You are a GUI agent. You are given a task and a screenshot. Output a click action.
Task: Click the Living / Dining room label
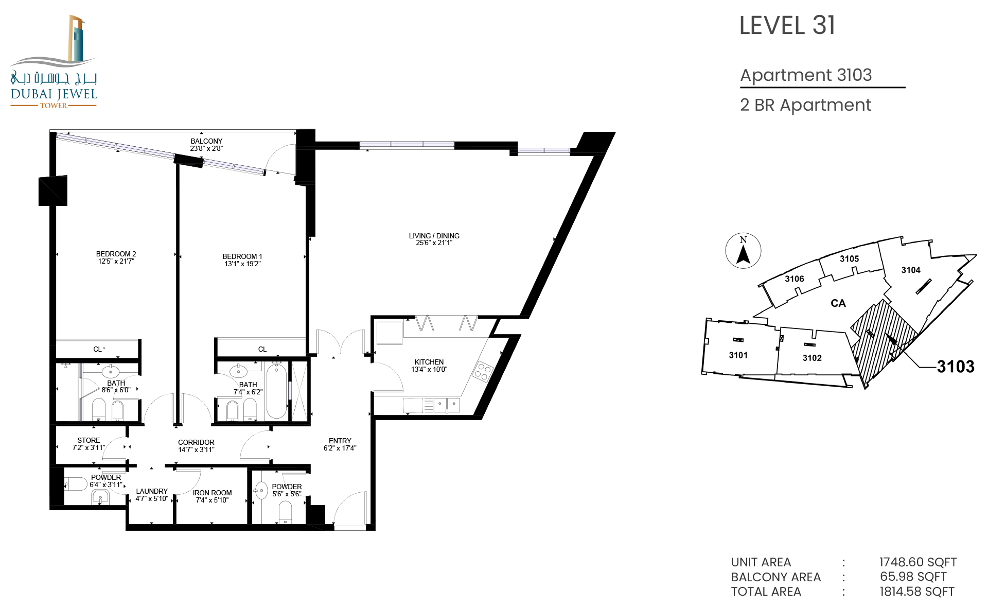434,236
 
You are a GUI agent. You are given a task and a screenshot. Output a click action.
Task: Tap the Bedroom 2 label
116,254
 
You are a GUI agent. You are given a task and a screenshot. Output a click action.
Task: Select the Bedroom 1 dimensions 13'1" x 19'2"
242,264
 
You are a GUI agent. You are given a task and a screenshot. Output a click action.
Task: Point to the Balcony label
206,141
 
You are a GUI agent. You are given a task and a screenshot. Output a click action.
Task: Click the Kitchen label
429,362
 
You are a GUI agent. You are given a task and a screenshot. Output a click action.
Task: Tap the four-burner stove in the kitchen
483,372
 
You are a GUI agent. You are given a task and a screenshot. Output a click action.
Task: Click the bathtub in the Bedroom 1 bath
276,390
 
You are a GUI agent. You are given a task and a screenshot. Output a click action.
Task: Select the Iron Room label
212,493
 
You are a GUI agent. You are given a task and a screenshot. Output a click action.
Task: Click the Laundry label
152,491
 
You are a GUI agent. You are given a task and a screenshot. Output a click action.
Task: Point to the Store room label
89,440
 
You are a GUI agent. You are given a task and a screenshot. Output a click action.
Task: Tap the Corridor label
196,442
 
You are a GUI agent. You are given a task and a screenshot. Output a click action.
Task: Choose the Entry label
340,441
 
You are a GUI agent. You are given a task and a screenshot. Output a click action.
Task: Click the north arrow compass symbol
743,251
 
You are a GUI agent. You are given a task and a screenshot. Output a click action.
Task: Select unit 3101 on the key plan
738,355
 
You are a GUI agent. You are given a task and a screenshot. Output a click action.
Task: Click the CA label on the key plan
838,303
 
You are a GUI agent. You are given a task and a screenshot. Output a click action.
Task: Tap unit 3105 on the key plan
849,259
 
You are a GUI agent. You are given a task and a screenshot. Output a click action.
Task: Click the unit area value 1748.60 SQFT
918,562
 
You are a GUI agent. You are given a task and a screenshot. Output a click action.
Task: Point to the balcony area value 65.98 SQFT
913,577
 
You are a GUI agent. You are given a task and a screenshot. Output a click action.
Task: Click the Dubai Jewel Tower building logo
54,62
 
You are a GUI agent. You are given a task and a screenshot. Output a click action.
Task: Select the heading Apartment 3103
806,75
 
